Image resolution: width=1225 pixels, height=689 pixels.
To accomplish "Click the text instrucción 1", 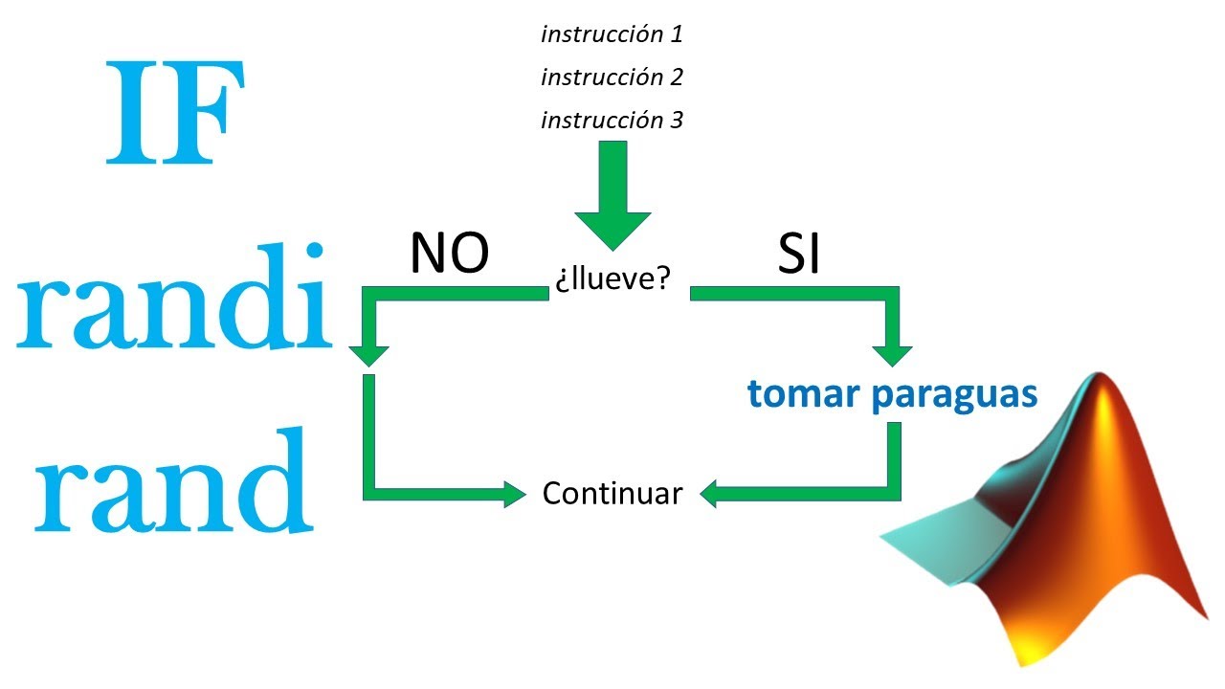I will point(612,34).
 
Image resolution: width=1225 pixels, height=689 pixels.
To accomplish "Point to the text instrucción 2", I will point(612,77).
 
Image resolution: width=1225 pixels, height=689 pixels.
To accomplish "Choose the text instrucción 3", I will point(612,120).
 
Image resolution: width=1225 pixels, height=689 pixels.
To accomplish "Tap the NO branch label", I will point(449,255).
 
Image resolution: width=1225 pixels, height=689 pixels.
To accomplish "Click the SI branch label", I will point(799,255).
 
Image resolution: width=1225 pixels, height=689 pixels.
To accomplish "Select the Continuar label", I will point(612,494).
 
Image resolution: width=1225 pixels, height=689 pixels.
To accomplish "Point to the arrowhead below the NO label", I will point(368,351).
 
